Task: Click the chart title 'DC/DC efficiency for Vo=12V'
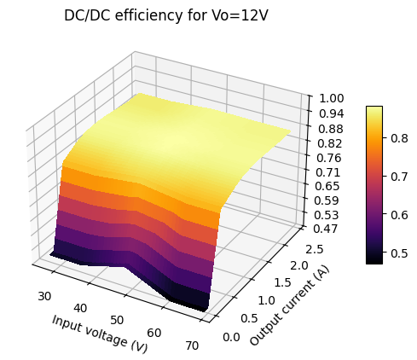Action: (166, 15)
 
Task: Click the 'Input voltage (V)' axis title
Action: (100, 334)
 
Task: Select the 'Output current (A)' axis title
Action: (289, 305)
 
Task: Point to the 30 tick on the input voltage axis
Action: (44, 296)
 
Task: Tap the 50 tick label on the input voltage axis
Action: (117, 320)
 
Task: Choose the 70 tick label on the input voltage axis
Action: (192, 345)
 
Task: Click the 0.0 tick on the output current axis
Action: (231, 337)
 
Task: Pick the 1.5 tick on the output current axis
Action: (282, 282)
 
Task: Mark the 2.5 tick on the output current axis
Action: (315, 249)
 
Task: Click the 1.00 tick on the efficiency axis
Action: (332, 99)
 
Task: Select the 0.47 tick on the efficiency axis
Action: (325, 229)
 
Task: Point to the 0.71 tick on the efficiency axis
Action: (328, 172)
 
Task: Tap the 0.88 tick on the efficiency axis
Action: (331, 129)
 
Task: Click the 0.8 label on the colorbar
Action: (399, 138)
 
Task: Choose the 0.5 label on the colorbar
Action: (399, 253)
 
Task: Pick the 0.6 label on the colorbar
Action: (399, 215)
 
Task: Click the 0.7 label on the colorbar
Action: (399, 177)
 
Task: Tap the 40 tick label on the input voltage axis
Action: (80, 308)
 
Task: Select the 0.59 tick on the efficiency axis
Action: (327, 200)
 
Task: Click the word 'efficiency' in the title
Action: (149, 15)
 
